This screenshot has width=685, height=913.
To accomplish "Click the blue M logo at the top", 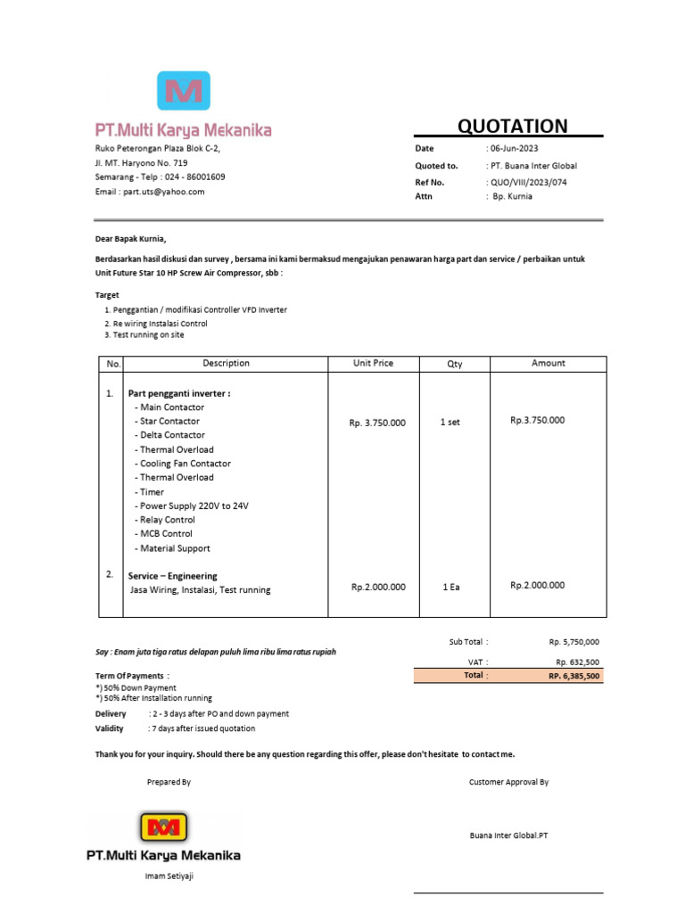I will (x=184, y=91).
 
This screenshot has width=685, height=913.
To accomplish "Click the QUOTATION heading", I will (x=512, y=126).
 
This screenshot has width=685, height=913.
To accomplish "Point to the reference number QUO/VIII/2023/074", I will (x=529, y=181).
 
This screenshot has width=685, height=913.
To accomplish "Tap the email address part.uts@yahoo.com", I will (x=164, y=192).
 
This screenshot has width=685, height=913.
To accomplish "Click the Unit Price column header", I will (x=373, y=364).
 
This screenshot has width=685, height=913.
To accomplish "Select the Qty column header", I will (x=455, y=364).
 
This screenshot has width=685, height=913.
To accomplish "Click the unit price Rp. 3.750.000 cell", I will (x=377, y=423).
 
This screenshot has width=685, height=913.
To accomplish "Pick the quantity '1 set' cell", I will (x=450, y=423).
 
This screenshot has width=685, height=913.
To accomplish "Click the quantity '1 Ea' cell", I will (x=450, y=587).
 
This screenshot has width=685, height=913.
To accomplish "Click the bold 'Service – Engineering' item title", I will (x=172, y=576).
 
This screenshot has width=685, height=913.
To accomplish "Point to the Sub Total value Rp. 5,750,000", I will (x=574, y=642).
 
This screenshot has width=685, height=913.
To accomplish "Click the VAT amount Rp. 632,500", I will (x=577, y=662).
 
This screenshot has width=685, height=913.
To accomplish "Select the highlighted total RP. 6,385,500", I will (x=574, y=677).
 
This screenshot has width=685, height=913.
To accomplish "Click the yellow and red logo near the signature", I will (x=163, y=827).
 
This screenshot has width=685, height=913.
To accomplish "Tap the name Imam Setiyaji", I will (x=169, y=876).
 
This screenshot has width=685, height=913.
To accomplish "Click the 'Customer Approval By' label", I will (x=508, y=782).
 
